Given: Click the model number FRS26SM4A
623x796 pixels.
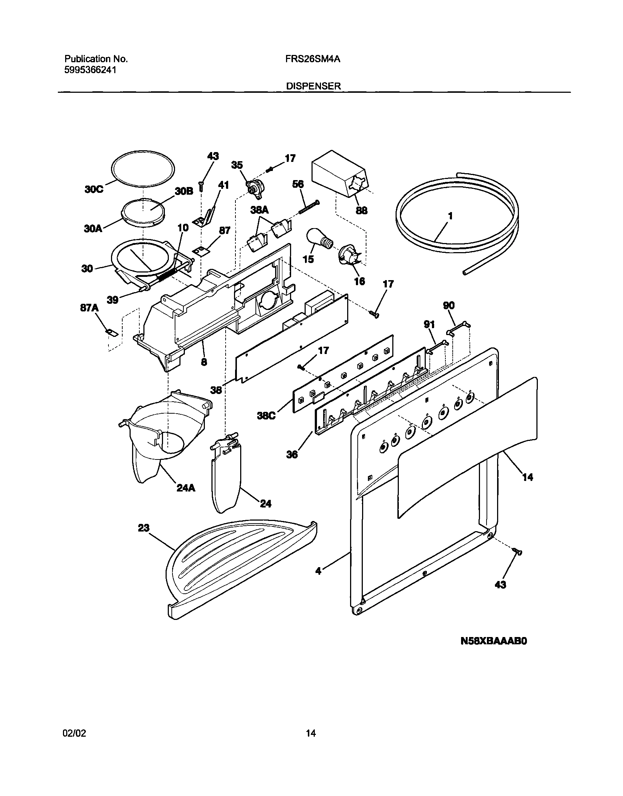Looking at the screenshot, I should pos(313,59).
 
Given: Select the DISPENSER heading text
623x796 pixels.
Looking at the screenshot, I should pos(313,86).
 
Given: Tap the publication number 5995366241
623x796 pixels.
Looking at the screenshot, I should pos(91,70).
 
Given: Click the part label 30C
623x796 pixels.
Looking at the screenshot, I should pos(94,190).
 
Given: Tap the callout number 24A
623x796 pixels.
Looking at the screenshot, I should pos(186,488).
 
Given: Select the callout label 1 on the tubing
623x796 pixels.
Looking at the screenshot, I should pos(451,216).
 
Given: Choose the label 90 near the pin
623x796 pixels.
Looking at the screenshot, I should pos(449,306).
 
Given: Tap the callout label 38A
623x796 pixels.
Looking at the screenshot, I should pos(259,210).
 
